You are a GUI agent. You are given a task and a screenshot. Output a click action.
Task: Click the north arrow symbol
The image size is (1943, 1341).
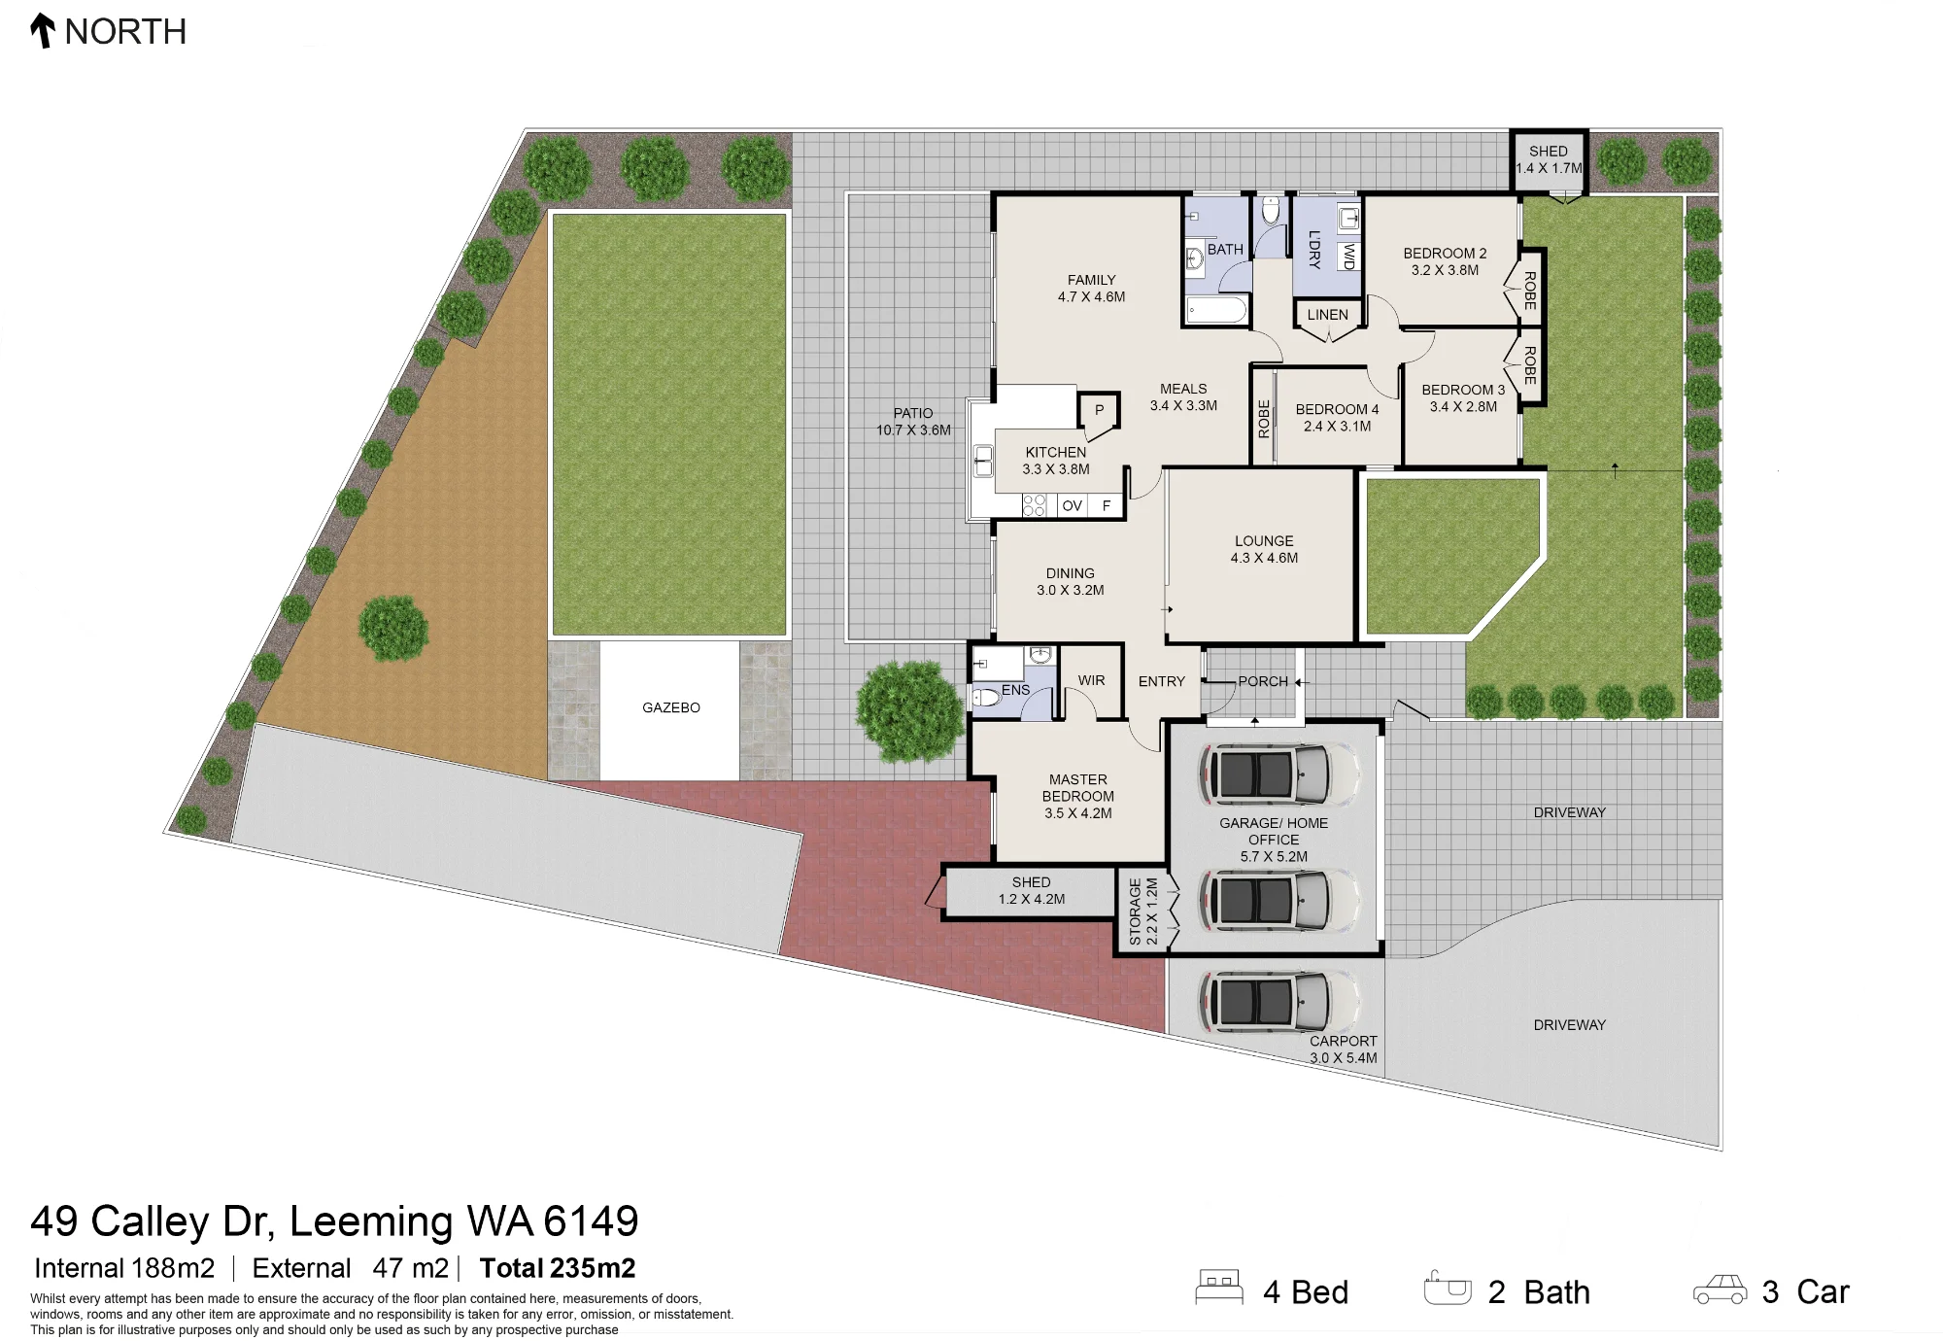coord(42,30)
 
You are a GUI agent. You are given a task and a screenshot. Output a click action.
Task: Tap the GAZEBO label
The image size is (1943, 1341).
coord(671,707)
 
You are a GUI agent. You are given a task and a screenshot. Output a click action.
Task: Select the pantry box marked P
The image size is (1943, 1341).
coord(1099,409)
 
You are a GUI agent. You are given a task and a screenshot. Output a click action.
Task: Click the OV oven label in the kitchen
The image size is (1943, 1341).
coord(1072,505)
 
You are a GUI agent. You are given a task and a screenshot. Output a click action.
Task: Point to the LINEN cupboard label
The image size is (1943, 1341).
coord(1327,315)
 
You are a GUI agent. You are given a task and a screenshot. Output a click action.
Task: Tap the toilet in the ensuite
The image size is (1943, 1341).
coord(986,697)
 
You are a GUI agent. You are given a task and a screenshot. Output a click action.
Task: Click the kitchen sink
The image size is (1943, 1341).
coord(983,462)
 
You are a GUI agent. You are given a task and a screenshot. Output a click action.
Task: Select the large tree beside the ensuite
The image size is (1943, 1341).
coord(910,710)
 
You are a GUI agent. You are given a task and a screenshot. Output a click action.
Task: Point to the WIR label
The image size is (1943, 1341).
coord(1091,680)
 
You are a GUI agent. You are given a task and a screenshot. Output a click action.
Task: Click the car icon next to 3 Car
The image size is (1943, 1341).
coord(1720,1289)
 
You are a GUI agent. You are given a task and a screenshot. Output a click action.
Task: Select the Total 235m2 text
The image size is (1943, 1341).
coord(558,1268)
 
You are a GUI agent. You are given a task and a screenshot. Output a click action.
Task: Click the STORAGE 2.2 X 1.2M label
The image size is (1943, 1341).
coord(1143,911)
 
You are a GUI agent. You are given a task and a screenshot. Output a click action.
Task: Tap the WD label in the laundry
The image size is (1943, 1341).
coord(1348,257)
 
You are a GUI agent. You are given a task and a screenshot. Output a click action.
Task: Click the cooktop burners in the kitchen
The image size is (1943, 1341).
coord(1034,505)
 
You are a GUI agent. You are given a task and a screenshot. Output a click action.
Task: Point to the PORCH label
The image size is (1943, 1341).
coord(1263,681)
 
